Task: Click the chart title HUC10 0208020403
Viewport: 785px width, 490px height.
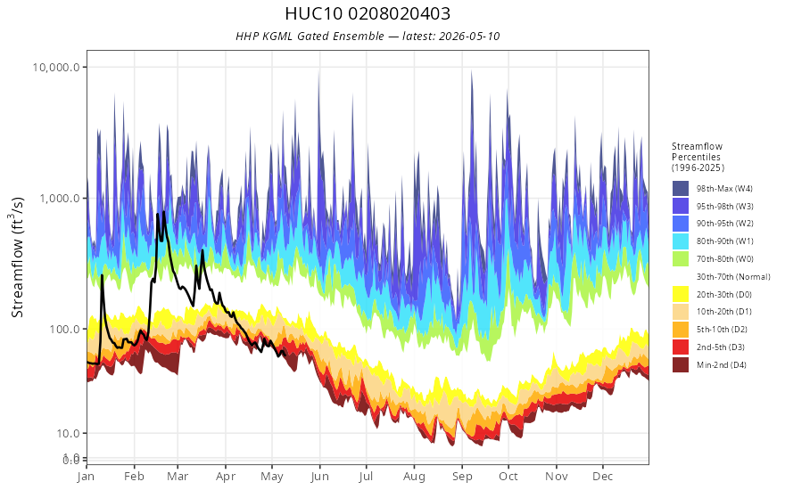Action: click(x=368, y=13)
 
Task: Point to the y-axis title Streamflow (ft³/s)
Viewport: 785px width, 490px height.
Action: click(x=17, y=257)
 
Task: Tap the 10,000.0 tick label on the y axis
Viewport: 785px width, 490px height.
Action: click(x=56, y=67)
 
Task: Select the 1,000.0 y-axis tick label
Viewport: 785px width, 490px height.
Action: click(x=60, y=198)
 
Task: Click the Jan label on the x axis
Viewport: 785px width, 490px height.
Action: click(x=87, y=477)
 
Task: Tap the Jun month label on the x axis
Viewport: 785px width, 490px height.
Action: click(x=320, y=477)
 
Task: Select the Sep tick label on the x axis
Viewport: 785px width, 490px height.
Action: click(x=462, y=477)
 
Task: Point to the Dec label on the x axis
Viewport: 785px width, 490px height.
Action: click(x=603, y=476)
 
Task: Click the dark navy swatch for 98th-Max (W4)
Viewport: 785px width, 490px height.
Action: click(x=681, y=189)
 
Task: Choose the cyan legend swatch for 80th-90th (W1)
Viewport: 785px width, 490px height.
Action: click(x=681, y=241)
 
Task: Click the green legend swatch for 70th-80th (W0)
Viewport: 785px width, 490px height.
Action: click(x=681, y=259)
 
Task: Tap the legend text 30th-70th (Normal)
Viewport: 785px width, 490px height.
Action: click(x=733, y=276)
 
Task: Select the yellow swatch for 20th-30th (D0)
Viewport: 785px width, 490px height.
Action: click(x=681, y=295)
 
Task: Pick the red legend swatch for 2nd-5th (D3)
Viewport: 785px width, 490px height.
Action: click(x=681, y=347)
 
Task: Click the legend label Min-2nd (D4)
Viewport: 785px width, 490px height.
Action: click(x=722, y=365)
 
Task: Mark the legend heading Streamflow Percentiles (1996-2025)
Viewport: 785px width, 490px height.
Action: click(x=698, y=157)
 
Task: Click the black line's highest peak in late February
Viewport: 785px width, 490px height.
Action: click(x=164, y=212)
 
